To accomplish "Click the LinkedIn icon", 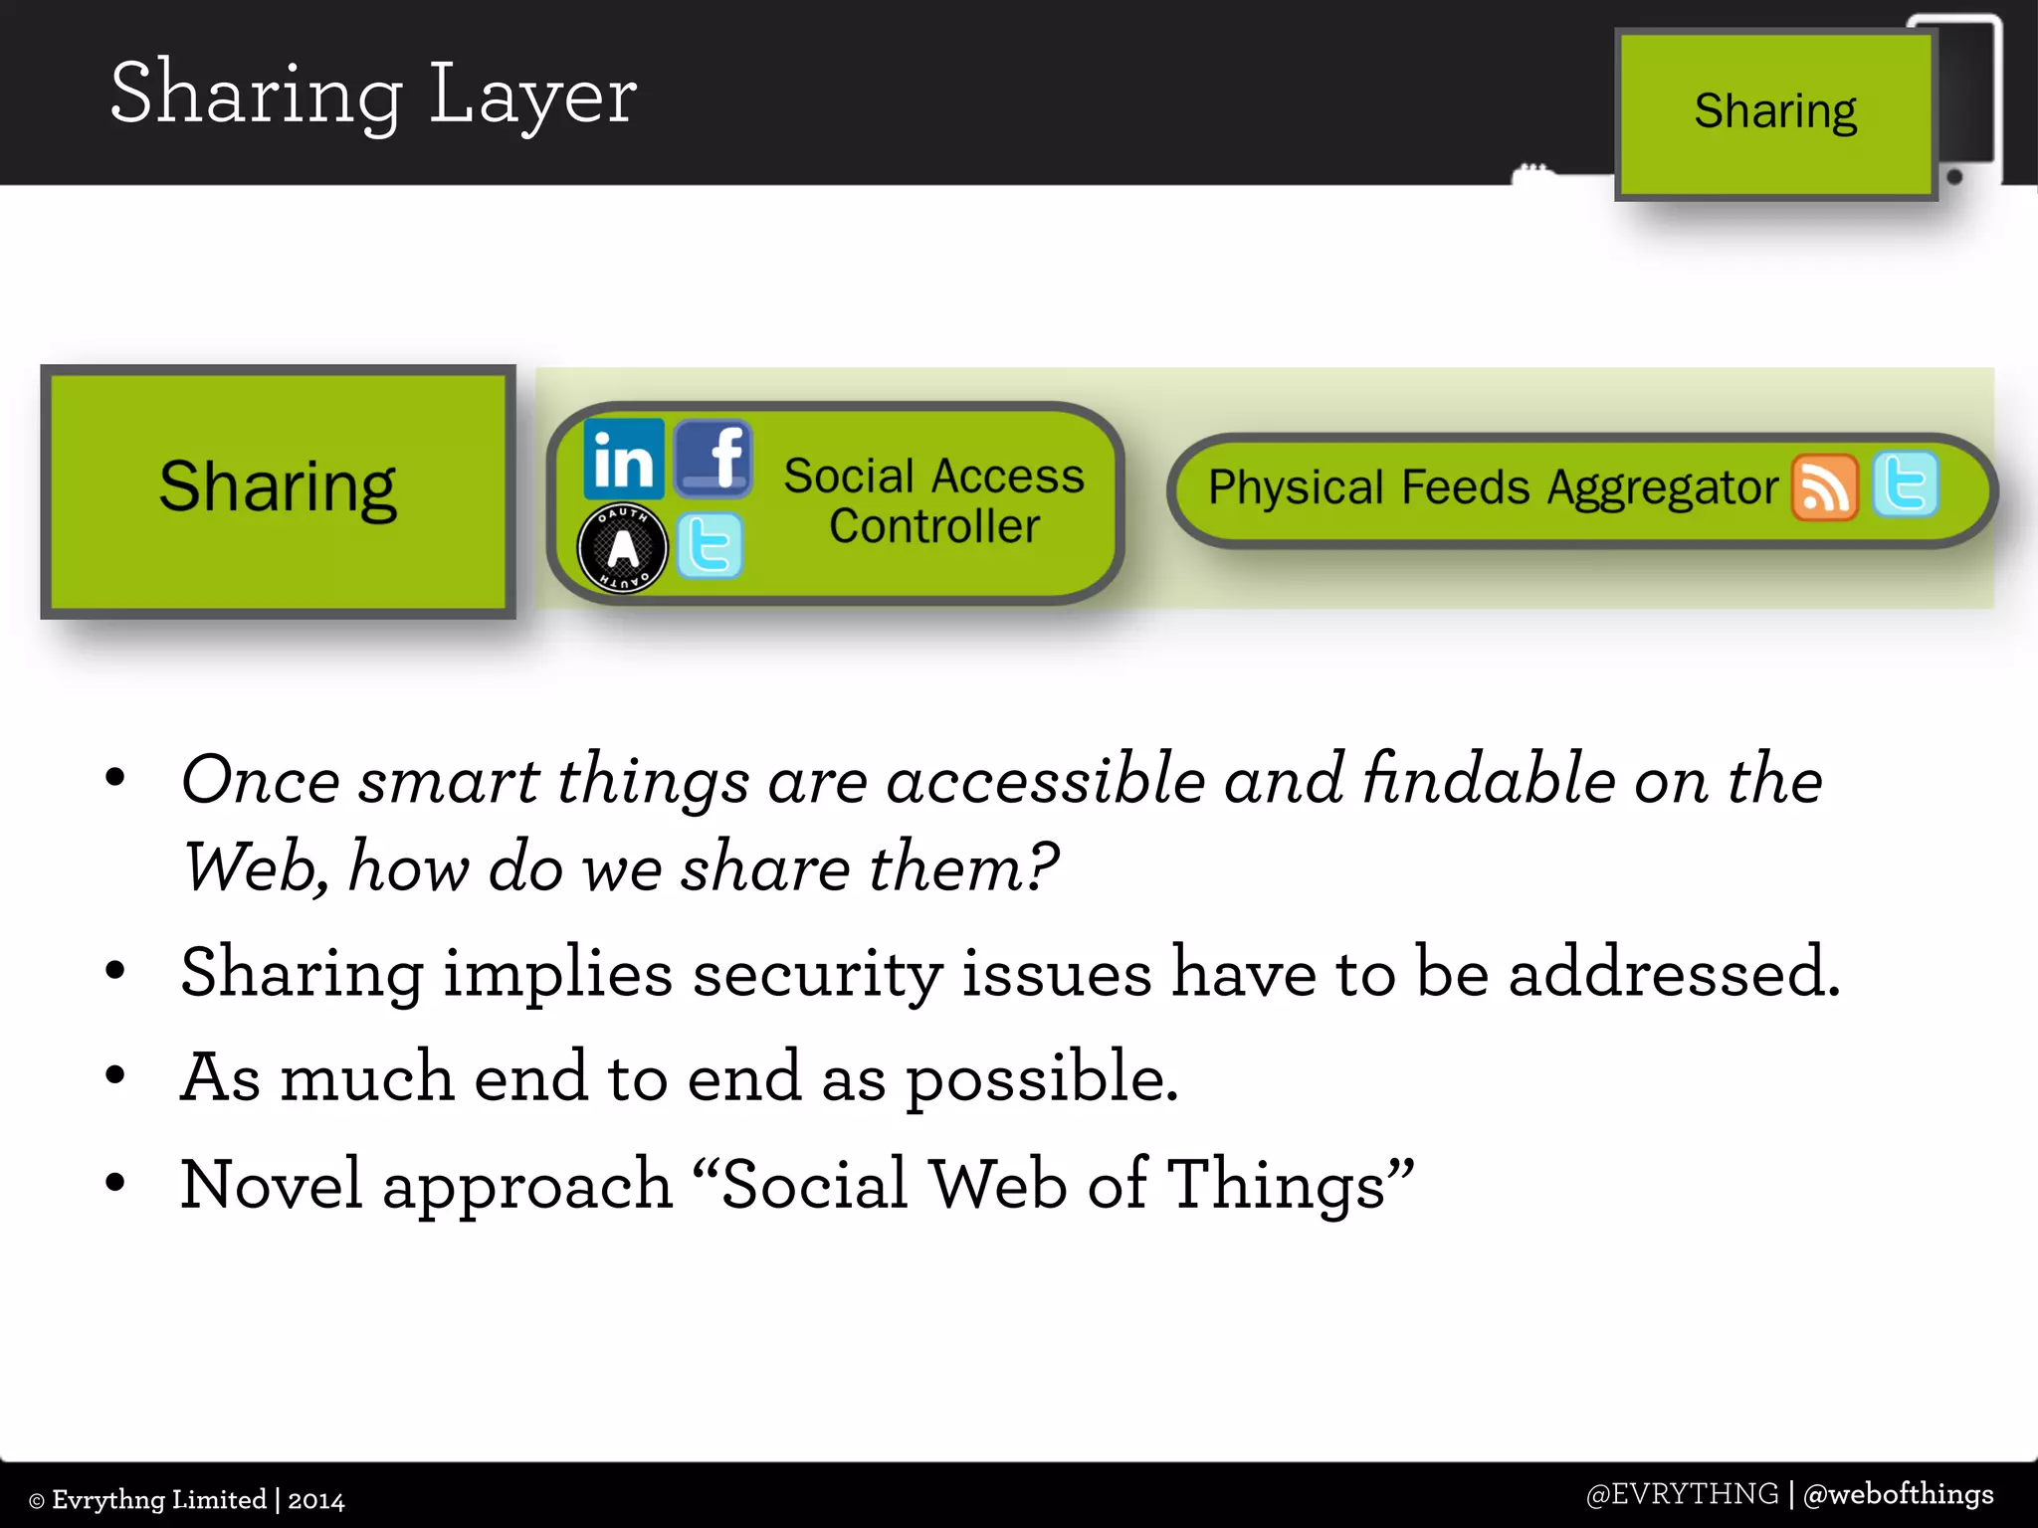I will (x=624, y=459).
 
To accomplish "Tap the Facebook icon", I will (x=713, y=459).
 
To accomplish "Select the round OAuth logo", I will (x=623, y=548).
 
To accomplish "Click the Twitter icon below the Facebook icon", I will (x=710, y=545).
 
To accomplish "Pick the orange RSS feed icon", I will (x=1825, y=487).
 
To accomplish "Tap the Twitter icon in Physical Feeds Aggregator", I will (x=1906, y=485).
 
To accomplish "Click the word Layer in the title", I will (x=533, y=95).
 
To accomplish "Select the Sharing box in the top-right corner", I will (x=1775, y=113).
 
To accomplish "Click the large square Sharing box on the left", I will (x=278, y=489).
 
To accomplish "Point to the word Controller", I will (x=934, y=526).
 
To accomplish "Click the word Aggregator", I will (x=1663, y=488).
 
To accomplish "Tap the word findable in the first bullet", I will (x=1489, y=780).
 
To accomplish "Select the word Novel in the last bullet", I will (x=271, y=1185).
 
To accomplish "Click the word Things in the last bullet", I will (x=1277, y=1185).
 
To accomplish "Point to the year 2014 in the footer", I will (x=316, y=1500).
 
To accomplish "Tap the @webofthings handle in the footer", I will (x=1898, y=1494).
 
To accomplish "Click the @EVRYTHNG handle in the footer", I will (x=1682, y=1494).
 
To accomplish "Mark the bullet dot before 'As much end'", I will (x=115, y=1075).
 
